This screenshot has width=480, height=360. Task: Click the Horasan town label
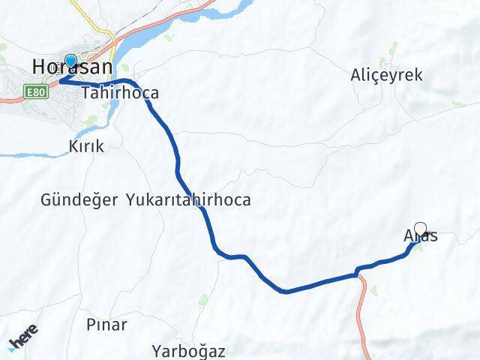tap(72, 68)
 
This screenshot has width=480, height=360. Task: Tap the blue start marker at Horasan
tap(70, 61)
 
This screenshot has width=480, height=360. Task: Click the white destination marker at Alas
tap(421, 229)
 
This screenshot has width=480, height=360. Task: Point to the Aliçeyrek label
tap(387, 75)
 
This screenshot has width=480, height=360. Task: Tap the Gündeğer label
tap(79, 200)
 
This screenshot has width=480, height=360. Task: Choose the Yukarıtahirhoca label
tap(187, 200)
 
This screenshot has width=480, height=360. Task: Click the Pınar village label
tap(106, 325)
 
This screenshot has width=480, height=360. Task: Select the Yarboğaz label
tap(188, 350)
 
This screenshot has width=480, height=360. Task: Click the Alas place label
tap(420, 237)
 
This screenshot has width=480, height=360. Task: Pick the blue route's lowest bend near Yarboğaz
tap(283, 291)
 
